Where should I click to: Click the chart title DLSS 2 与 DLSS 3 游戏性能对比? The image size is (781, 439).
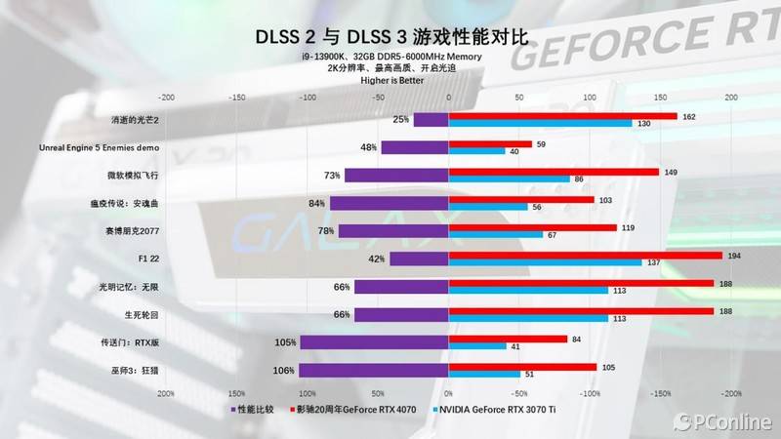[x=390, y=37]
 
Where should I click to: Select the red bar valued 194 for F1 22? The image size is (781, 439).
[x=586, y=256]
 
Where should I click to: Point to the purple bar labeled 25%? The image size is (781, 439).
[x=431, y=120]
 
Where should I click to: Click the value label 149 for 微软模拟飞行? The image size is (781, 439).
[x=671, y=172]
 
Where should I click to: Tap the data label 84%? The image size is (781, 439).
[x=315, y=204]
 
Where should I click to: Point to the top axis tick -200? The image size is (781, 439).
[x=166, y=98]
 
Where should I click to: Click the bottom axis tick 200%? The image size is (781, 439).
[x=166, y=394]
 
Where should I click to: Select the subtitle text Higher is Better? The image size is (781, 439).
[x=390, y=81]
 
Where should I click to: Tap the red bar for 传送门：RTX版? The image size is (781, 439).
[x=508, y=339]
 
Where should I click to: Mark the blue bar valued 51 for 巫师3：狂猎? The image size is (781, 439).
[x=484, y=375]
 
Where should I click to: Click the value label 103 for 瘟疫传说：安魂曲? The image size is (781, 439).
[x=605, y=200]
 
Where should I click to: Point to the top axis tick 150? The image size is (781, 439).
[x=660, y=98]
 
